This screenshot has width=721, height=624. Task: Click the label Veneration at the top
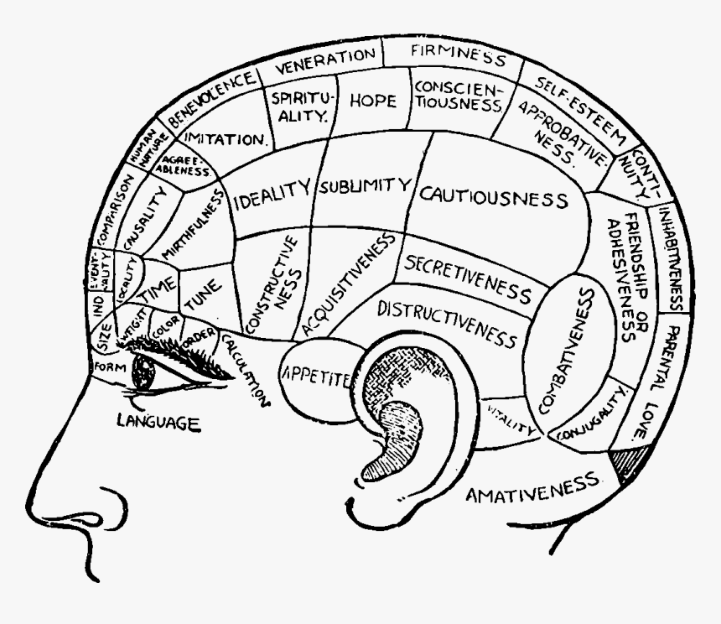(x=326, y=58)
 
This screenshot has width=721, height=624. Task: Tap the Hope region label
(x=372, y=101)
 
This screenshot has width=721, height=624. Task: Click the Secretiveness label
(x=468, y=278)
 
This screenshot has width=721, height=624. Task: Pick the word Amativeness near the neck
(x=535, y=487)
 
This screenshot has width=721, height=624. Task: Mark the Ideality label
(x=272, y=195)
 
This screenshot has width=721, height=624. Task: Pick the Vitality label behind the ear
(x=511, y=419)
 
